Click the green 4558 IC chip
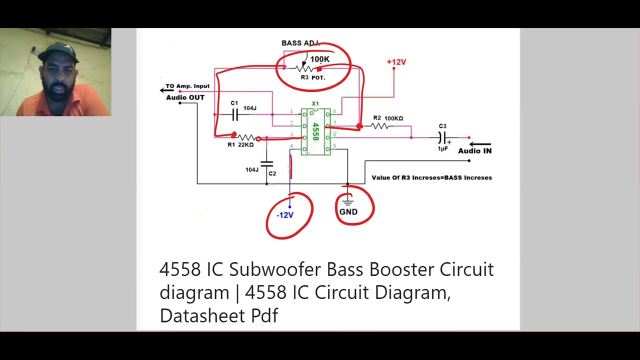(315, 132)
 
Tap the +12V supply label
(396, 62)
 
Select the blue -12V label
(285, 215)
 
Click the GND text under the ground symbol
(348, 212)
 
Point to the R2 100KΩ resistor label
(388, 118)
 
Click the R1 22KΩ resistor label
(240, 145)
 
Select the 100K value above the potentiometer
(320, 59)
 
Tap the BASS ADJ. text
(300, 43)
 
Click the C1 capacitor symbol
(234, 115)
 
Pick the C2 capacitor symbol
(267, 163)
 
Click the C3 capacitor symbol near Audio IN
(442, 137)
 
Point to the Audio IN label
(474, 151)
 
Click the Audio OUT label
(185, 97)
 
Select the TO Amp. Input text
(187, 86)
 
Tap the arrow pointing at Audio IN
(480, 144)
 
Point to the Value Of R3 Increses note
(431, 177)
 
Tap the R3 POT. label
(313, 78)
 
